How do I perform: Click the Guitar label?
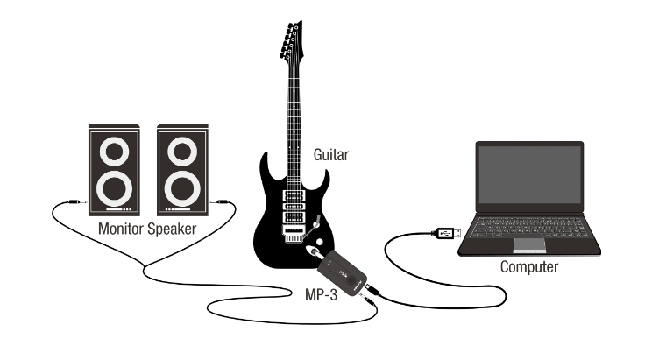pyautogui.click(x=331, y=155)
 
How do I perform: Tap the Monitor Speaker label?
pyautogui.click(x=147, y=229)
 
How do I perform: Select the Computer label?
pyautogui.click(x=528, y=266)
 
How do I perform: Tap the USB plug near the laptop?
pyautogui.click(x=444, y=232)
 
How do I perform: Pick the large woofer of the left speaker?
pyautogui.click(x=113, y=187)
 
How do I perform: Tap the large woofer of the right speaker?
pyautogui.click(x=181, y=187)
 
